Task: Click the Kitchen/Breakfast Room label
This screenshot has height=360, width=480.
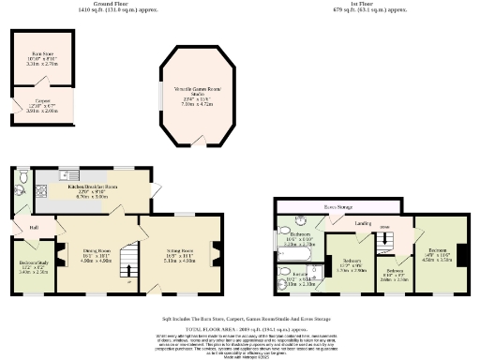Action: click(91, 187)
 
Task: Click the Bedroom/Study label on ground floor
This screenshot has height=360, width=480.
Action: click(32, 266)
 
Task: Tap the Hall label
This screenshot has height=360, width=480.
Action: click(33, 227)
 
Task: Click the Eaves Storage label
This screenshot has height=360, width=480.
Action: click(337, 205)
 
